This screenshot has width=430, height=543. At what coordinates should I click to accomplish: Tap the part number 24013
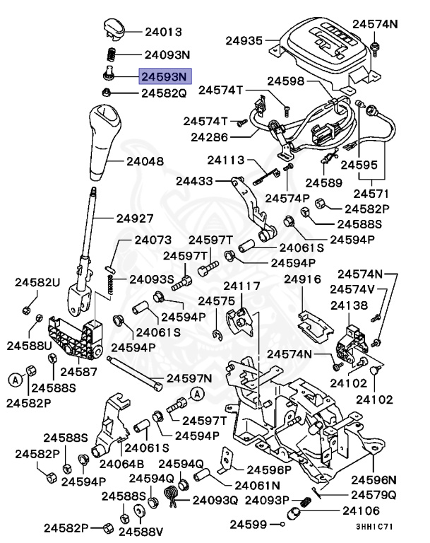pos(164,32)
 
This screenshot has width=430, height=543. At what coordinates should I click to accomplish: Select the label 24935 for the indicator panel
pos(244,41)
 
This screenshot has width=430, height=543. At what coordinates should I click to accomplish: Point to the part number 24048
pos(145,161)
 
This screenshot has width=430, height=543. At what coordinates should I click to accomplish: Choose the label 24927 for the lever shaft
pos(135,218)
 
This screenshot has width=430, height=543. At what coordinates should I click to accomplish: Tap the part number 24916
pos(303,279)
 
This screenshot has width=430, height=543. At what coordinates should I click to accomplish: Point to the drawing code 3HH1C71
pos(374,527)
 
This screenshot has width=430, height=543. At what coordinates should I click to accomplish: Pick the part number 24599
pos(249,525)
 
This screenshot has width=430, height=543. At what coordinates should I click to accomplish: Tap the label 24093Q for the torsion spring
pos(215,501)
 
